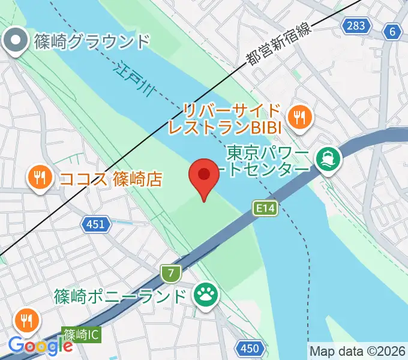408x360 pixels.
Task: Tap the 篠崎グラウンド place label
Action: click(x=91, y=42)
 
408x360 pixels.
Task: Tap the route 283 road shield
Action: click(x=355, y=25)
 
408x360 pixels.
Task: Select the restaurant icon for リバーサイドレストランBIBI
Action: click(x=299, y=116)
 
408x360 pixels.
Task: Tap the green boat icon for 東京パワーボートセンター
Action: click(x=329, y=159)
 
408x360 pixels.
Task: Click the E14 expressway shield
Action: click(x=265, y=208)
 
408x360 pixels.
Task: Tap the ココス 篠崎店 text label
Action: click(x=110, y=178)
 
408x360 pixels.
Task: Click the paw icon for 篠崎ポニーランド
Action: click(x=204, y=295)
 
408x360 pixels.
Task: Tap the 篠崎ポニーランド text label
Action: click(x=120, y=296)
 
